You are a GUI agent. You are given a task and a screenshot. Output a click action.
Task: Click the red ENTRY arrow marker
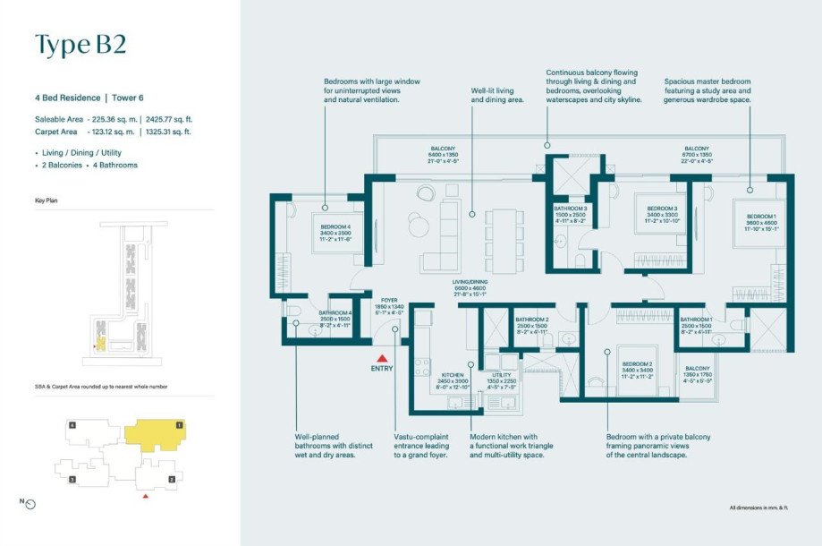[x=382, y=359]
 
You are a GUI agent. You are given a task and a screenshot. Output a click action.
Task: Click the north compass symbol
[x=30, y=504]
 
